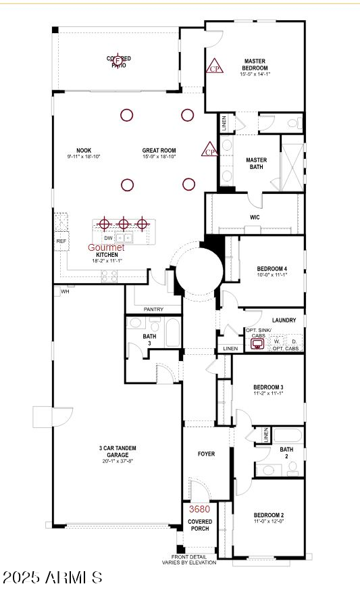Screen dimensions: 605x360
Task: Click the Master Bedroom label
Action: point(255,65)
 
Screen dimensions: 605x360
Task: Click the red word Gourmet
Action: point(106,247)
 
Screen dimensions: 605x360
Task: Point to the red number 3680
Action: point(199,509)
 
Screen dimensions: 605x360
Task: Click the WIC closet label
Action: point(255,217)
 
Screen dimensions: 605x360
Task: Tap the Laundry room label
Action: point(284,320)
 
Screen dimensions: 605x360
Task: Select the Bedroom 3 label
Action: point(267,387)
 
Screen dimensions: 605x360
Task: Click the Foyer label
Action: point(206,454)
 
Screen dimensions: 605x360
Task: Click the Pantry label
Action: point(153,310)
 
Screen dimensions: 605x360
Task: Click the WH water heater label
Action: point(66,292)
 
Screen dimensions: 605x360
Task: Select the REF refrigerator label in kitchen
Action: point(61,241)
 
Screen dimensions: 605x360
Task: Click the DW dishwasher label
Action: point(108,238)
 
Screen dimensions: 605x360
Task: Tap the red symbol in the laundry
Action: point(257,343)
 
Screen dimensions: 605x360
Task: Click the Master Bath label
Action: point(256,163)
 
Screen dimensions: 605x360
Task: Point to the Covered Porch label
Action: point(200,525)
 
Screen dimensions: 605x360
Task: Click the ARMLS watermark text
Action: point(52,578)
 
